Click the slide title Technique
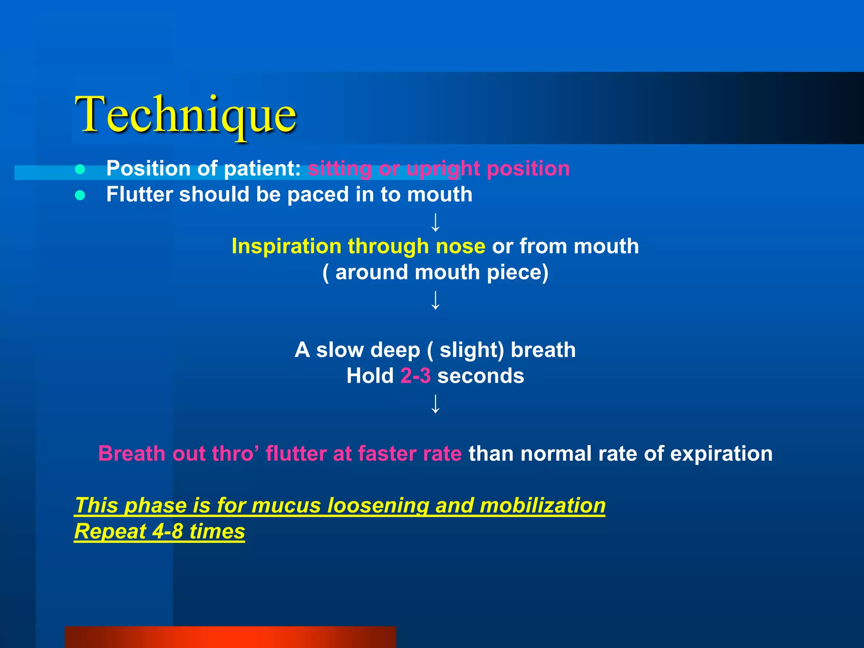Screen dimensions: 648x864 click(186, 115)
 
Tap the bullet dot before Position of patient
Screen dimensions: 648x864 click(80, 169)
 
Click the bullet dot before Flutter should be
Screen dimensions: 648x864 click(80, 195)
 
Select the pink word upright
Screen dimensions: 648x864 click(443, 169)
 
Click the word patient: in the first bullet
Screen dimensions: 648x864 click(262, 169)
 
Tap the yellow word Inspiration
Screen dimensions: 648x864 click(286, 246)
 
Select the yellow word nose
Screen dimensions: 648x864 click(460, 247)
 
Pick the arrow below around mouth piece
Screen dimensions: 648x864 click(435, 300)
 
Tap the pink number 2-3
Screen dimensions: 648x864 click(415, 376)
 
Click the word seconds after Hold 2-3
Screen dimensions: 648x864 click(481, 376)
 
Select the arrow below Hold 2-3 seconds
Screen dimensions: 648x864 click(435, 404)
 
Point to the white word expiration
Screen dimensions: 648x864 click(721, 454)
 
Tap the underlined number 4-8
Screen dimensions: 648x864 click(167, 531)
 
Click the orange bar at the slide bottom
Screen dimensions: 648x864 click(230, 637)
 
